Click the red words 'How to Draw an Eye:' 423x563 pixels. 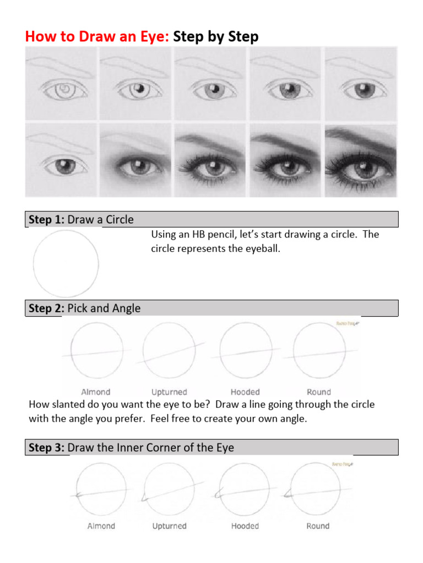pyautogui.click(x=97, y=37)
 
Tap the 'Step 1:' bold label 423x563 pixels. pyautogui.click(x=47, y=220)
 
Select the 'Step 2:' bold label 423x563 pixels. pyautogui.click(x=47, y=308)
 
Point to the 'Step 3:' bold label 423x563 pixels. pyautogui.click(x=47, y=448)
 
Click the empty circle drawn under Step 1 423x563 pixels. pyautogui.click(x=66, y=264)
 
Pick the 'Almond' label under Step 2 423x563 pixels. pyautogui.click(x=96, y=392)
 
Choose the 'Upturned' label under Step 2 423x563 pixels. pyautogui.click(x=169, y=392)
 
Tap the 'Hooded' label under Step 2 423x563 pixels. pyautogui.click(x=245, y=392)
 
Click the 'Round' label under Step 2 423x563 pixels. pyautogui.click(x=319, y=392)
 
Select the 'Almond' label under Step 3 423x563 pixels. pyautogui.click(x=101, y=526)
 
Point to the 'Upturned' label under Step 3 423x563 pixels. pyautogui.click(x=169, y=526)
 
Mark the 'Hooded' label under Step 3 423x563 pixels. pyautogui.click(x=245, y=526)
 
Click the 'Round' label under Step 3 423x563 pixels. pyautogui.click(x=318, y=526)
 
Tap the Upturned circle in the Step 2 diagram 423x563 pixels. pyautogui.click(x=169, y=350)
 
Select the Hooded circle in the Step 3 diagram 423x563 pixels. pyautogui.click(x=243, y=489)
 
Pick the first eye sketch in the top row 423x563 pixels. pyautogui.click(x=62, y=84)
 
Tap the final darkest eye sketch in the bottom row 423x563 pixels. pyautogui.click(x=361, y=161)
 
